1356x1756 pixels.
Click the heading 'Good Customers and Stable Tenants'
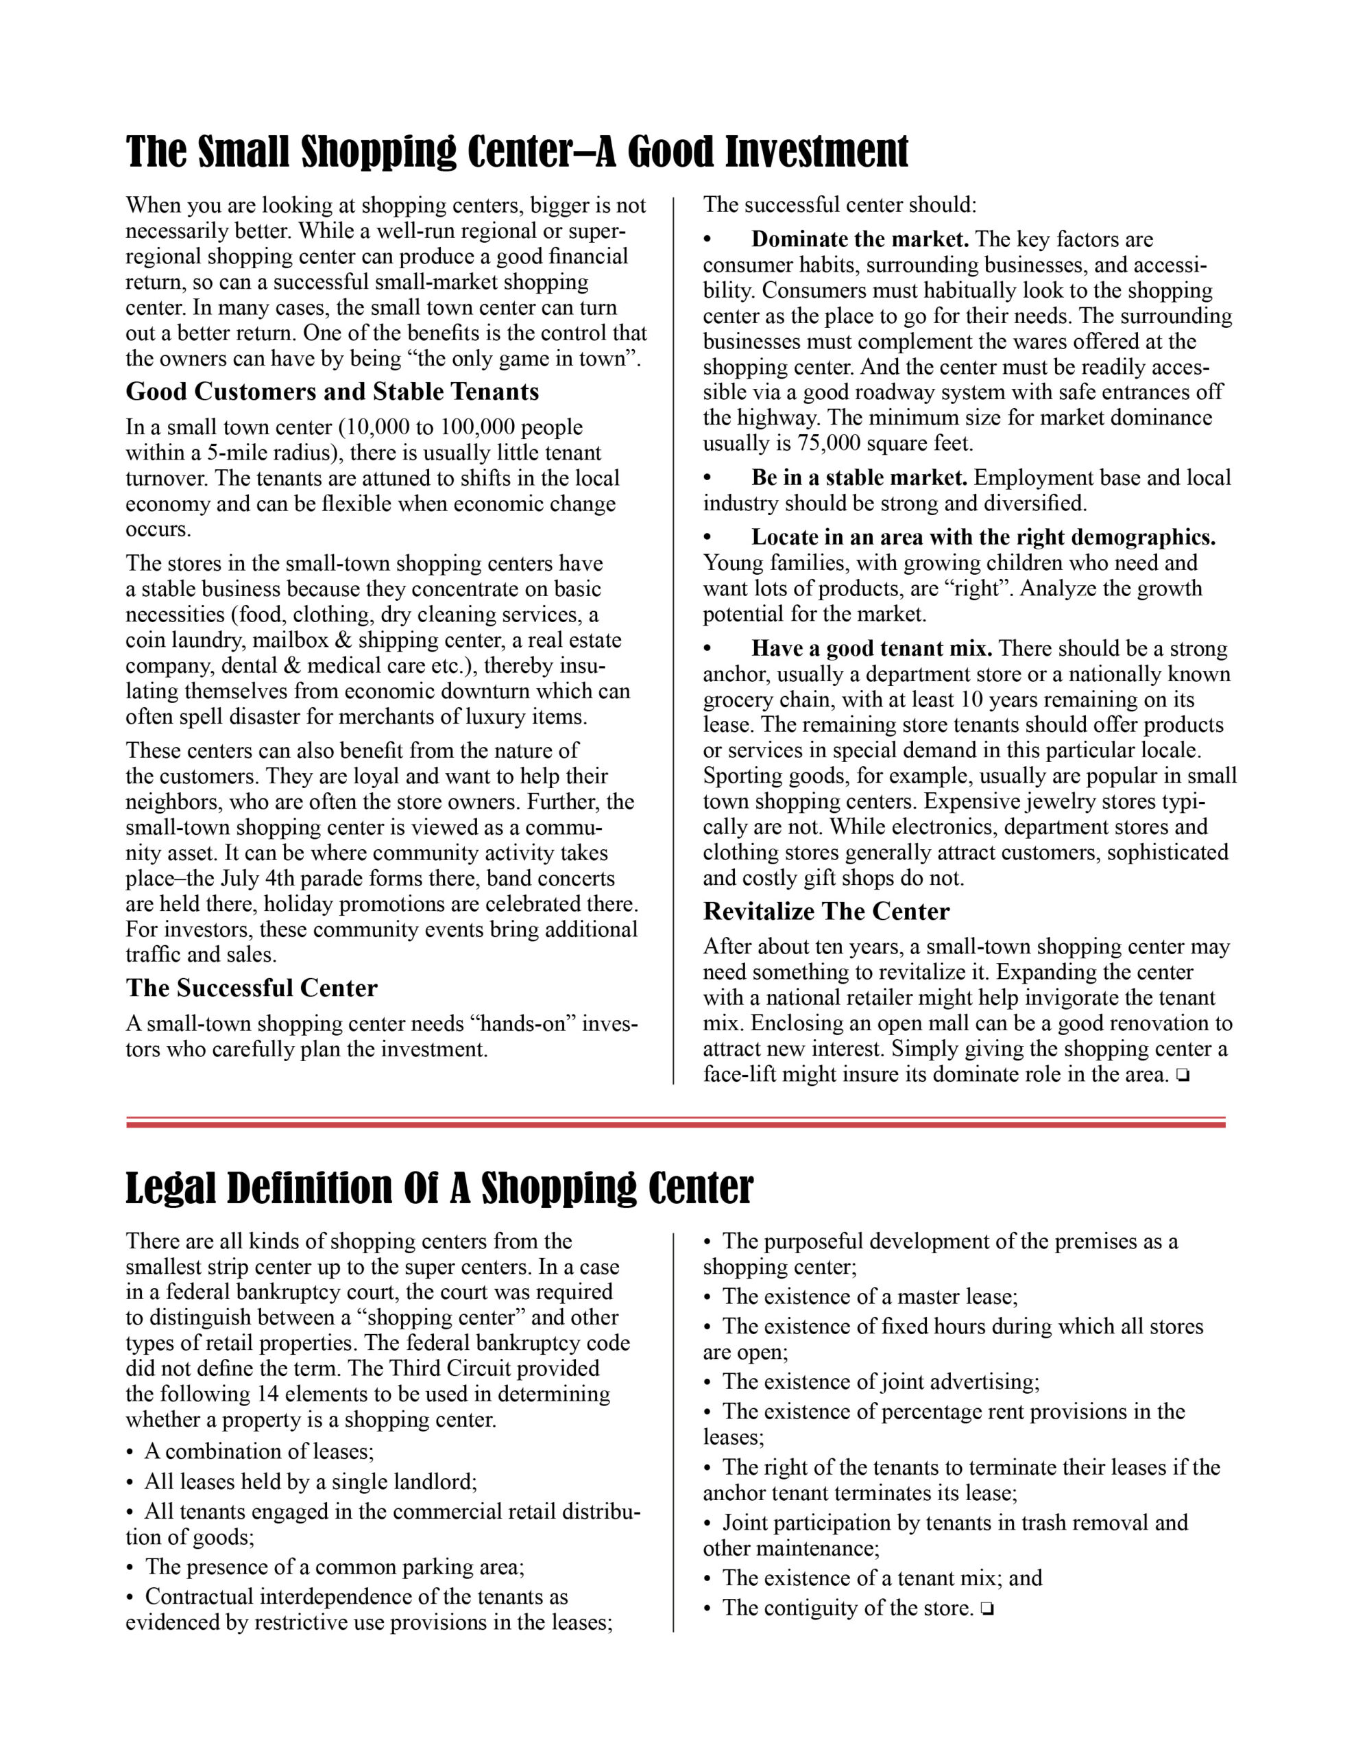point(332,392)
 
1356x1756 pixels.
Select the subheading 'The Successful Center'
point(252,988)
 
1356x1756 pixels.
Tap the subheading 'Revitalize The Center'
point(826,912)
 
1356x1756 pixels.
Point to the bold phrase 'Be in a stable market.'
point(859,478)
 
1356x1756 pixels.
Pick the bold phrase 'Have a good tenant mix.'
point(872,649)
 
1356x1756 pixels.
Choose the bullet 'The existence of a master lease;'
point(870,1296)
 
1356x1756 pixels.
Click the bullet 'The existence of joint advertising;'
point(880,1381)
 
